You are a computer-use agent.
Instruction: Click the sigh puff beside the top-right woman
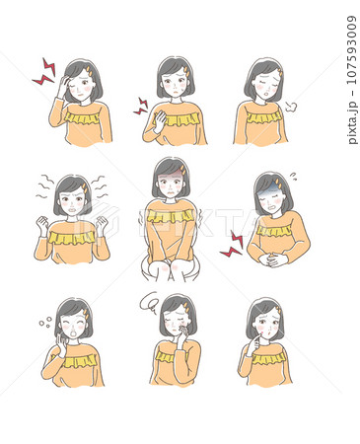coord(291,107)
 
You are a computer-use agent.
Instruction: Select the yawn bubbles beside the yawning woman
coord(45,322)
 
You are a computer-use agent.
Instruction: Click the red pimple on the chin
coord(262,333)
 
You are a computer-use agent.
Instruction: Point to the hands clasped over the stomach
coord(270,259)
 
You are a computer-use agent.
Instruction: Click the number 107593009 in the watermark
coord(351,49)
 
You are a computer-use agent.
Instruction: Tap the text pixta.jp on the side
coord(351,122)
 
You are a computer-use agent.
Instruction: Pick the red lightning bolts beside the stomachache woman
coord(233,244)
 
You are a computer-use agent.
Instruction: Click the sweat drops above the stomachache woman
coord(294,177)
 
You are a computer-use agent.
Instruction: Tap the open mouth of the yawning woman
coord(73,333)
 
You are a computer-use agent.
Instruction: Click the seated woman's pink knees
coord(171,266)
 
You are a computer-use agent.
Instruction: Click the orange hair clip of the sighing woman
coord(280,72)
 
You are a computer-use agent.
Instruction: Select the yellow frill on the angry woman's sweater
coord(71,238)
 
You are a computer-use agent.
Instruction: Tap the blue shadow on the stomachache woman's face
coord(264,196)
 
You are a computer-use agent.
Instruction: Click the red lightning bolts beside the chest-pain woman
coord(141,107)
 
